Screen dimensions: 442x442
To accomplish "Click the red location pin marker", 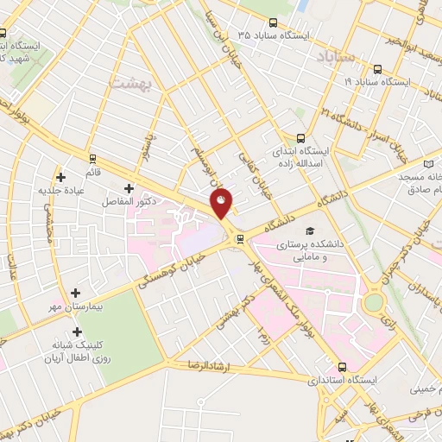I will coord(222,204).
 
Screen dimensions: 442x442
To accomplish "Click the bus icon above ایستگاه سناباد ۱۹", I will coord(376,69).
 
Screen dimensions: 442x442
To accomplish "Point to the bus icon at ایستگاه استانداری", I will coord(343,366).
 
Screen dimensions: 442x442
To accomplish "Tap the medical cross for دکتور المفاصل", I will coord(129,188).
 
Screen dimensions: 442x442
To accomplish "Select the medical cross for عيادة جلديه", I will coord(60,177).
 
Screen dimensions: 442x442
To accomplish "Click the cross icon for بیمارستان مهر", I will coord(77,294).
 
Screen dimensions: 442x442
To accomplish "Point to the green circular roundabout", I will coord(374,302).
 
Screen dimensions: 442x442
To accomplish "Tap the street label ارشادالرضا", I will coord(206,366).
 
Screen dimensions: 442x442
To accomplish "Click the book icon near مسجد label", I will coord(430,164).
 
